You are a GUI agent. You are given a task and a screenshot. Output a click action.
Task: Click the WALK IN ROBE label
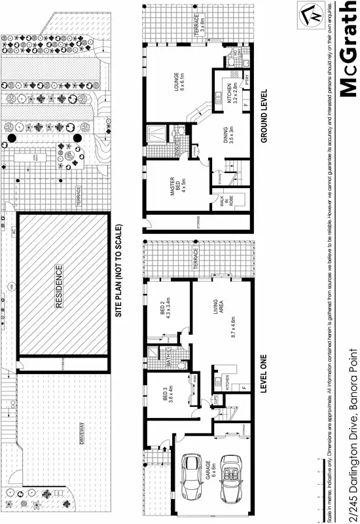[x=224, y=202]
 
